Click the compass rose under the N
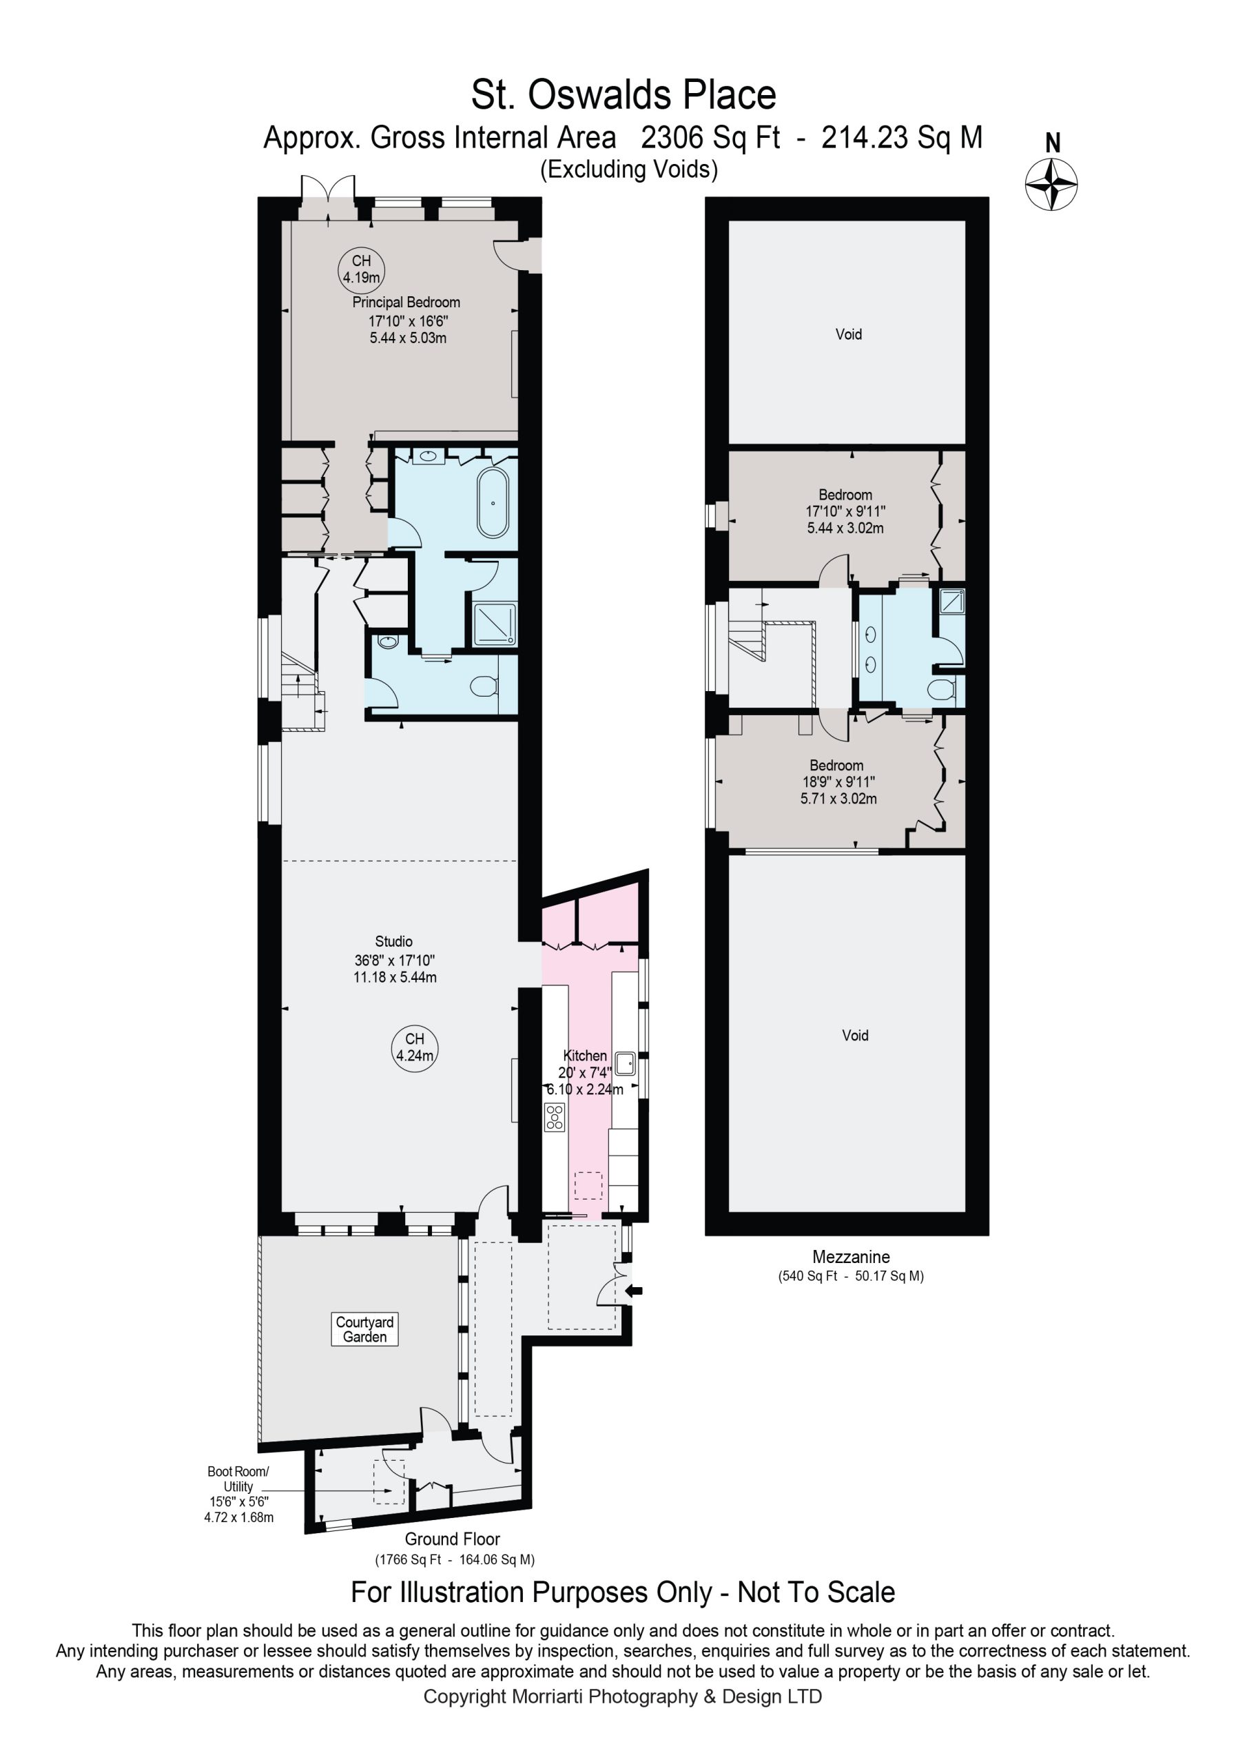[1051, 185]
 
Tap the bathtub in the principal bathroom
[493, 503]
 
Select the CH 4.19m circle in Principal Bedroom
[361, 269]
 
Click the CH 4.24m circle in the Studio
[415, 1047]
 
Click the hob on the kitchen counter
[555, 1116]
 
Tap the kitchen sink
[625, 1063]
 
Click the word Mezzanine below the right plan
[852, 1257]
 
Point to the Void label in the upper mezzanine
[848, 334]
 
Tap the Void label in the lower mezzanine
[855, 1035]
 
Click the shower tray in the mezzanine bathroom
[952, 601]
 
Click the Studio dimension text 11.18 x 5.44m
[395, 977]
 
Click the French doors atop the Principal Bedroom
[328, 199]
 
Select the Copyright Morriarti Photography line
[623, 1696]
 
